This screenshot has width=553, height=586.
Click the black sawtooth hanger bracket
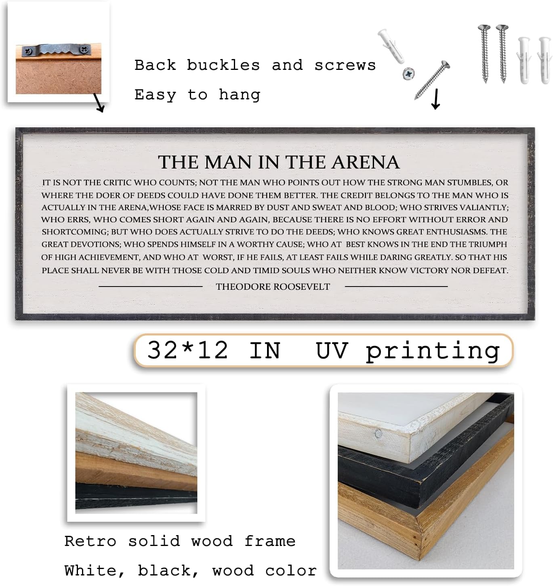(56, 51)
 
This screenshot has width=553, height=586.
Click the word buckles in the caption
(223, 65)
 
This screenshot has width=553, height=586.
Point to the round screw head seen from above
(408, 74)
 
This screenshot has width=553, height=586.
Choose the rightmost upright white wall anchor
(544, 59)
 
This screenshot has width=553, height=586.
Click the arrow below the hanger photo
(99, 103)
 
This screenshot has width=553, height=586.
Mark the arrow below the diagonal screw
(435, 99)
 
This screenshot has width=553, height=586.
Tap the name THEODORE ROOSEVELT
(273, 287)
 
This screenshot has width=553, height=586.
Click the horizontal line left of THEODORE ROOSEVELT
(150, 287)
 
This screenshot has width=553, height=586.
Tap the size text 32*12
(187, 350)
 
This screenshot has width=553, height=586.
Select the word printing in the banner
(433, 351)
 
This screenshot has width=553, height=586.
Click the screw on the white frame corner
(378, 434)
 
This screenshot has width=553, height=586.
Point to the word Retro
(90, 541)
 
